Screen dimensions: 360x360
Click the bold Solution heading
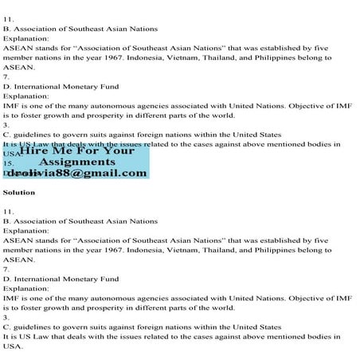click(x=19, y=193)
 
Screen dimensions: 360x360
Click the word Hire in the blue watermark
click(x=37, y=149)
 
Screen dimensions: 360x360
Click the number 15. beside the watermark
click(x=8, y=162)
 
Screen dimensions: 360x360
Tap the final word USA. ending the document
click(x=13, y=346)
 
